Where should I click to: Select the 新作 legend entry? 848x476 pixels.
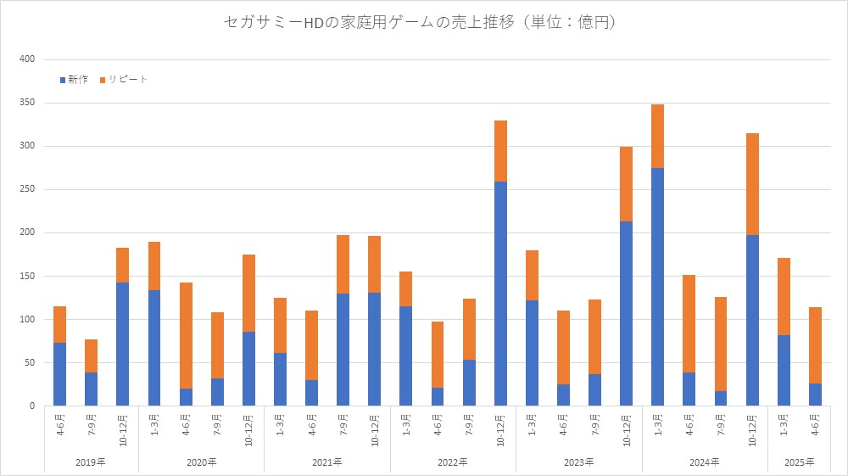74,79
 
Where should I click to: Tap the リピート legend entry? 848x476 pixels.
124,79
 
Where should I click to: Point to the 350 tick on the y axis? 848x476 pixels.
26,103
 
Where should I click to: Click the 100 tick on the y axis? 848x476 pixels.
26,319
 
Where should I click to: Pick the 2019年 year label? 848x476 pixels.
91,462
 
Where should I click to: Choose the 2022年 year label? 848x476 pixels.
453,462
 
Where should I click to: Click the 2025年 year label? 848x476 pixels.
799,462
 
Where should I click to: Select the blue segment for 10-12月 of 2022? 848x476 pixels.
500,294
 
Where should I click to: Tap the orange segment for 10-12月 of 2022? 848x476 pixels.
500,151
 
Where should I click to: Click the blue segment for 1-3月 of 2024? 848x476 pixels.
657,287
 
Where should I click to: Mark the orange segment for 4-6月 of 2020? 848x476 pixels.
186,335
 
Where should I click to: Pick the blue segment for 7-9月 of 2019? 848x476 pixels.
91,389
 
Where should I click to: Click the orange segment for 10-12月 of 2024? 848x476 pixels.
752,184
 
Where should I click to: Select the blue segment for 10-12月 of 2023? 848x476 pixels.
626,313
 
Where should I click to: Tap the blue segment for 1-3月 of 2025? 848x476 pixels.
784,370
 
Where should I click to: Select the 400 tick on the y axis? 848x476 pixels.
26,59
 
